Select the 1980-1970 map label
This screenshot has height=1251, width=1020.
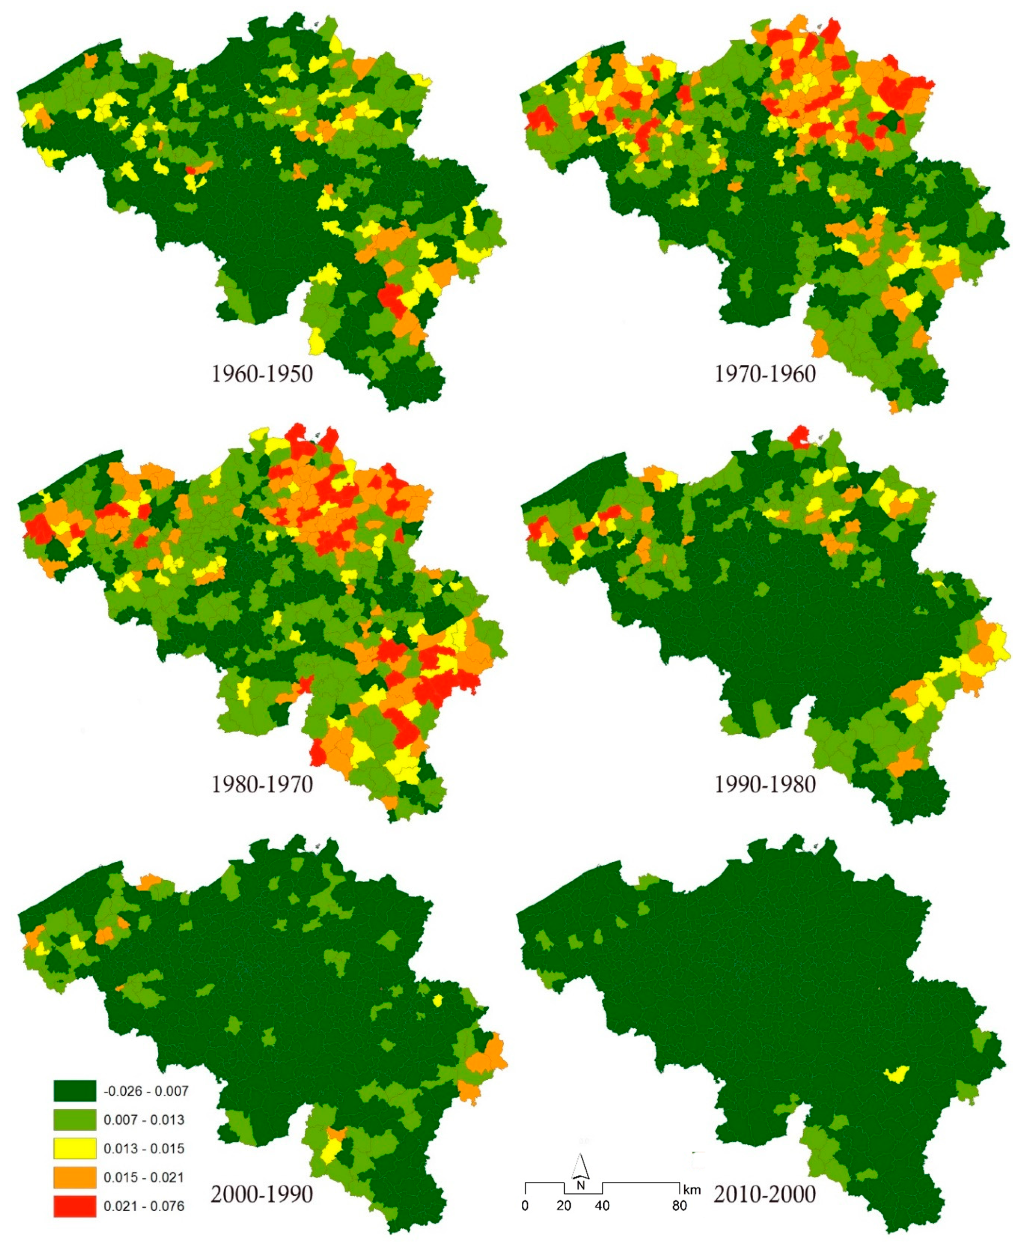pyautogui.click(x=262, y=784)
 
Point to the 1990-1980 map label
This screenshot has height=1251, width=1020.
pyautogui.click(x=765, y=784)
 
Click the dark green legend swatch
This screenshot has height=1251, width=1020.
pyautogui.click(x=74, y=1091)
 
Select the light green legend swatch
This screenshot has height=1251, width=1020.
pyautogui.click(x=74, y=1120)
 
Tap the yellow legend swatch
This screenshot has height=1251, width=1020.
pyautogui.click(x=74, y=1148)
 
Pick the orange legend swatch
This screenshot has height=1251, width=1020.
pyautogui.click(x=74, y=1177)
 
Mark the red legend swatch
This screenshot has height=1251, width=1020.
pyautogui.click(x=74, y=1206)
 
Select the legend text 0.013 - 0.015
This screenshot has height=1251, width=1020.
pyautogui.click(x=144, y=1149)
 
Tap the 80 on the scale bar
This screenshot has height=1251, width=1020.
pyautogui.click(x=679, y=1206)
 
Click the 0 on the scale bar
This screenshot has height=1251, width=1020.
pyautogui.click(x=525, y=1206)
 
